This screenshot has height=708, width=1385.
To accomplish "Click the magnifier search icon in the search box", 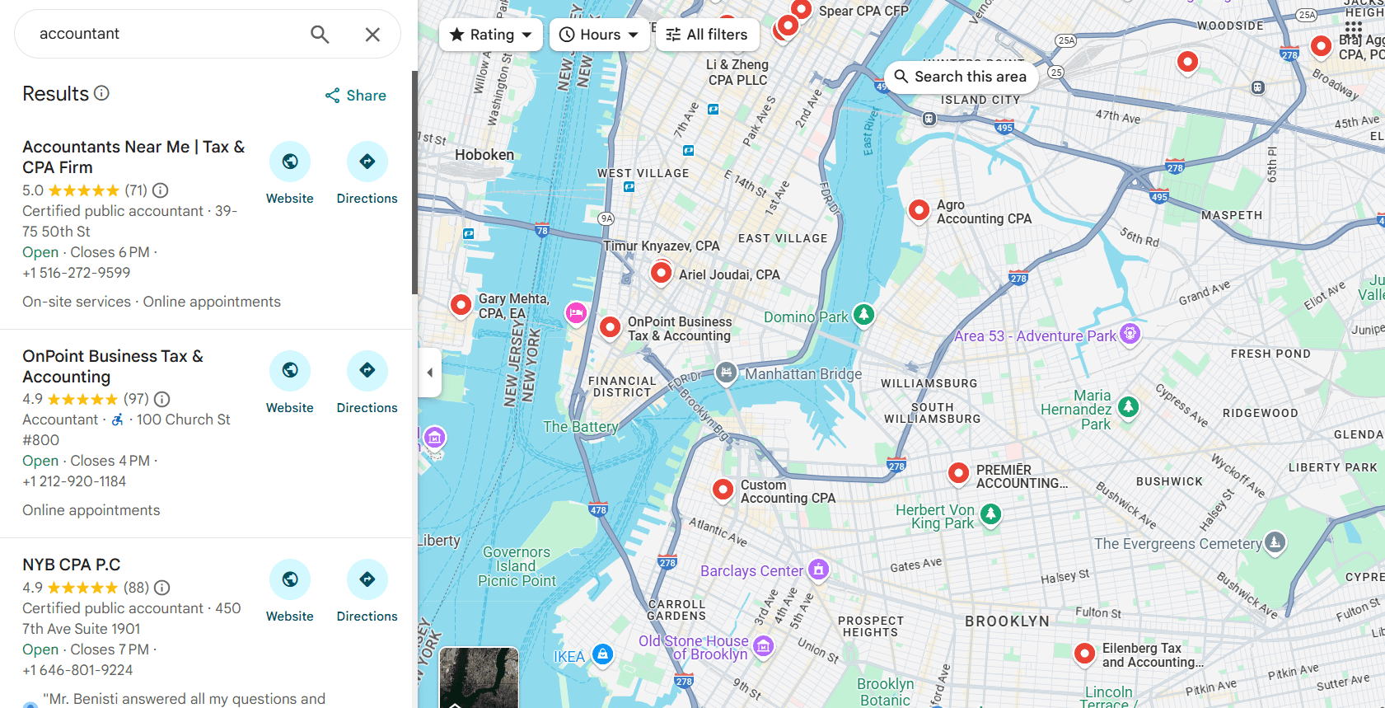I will pos(320,34).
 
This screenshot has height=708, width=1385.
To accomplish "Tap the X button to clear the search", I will pos(372,34).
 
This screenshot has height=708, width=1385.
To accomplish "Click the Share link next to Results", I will pos(356,96).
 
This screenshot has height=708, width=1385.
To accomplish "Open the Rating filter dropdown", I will pos(491,35).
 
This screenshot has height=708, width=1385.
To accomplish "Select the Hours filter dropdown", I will pos(599,35).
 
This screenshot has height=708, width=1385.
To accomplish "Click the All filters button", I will pos(707,35).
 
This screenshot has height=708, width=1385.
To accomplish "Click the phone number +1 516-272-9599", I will pos(77,273).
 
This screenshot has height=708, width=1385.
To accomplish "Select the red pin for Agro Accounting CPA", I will pos(919,210).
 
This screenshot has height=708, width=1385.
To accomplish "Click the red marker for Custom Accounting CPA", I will pos(723,489).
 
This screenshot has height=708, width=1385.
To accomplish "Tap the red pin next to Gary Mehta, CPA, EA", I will pos(461,304).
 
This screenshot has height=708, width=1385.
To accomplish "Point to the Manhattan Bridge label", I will pos(803,374).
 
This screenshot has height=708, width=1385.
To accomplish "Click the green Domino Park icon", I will pos(863,314).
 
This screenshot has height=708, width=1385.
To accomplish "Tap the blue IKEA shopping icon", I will pos(603,654).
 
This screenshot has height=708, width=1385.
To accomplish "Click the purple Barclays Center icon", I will pos(818,569).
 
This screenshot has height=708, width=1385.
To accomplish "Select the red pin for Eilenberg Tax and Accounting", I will pos(1084,654).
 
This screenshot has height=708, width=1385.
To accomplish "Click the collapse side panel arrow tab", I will pos(429,373).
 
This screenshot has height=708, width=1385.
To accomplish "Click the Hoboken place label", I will pos(484,155).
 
